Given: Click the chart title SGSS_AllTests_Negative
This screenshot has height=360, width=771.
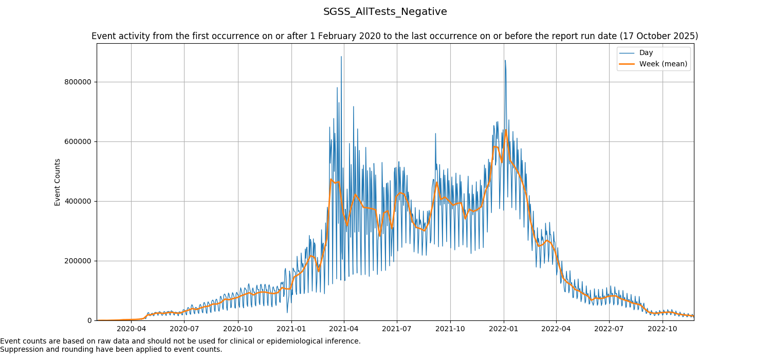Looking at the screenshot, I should point(385,12).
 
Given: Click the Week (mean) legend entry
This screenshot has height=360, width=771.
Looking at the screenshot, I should point(663,64).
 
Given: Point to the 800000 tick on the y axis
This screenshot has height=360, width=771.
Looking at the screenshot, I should point(78,82).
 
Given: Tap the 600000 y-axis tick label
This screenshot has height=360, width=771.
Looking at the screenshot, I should point(78,142).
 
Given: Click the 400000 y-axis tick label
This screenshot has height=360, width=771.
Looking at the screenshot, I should point(78,202).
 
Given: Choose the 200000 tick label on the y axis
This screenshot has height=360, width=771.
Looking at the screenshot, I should point(78,261).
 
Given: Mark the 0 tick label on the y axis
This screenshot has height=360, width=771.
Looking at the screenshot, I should point(89,321).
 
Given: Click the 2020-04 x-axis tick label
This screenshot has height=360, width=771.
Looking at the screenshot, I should point(131,329).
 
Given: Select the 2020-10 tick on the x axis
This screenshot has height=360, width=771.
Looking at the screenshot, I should point(237,329).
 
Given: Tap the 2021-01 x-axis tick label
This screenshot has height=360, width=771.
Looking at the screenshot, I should point(291,329).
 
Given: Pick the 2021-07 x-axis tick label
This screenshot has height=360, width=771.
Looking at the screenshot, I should point(397,329).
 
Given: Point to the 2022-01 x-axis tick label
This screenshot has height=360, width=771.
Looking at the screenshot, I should point(504,329).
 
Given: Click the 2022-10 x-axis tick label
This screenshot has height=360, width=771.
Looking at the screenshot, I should point(663,329).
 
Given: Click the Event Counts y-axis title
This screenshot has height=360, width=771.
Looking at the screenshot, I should point(58,182).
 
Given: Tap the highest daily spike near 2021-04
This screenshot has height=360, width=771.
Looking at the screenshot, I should point(341,57).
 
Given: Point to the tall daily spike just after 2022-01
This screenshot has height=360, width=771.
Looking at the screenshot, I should point(505,61).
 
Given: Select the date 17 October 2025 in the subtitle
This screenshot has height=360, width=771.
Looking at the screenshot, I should point(658,37).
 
